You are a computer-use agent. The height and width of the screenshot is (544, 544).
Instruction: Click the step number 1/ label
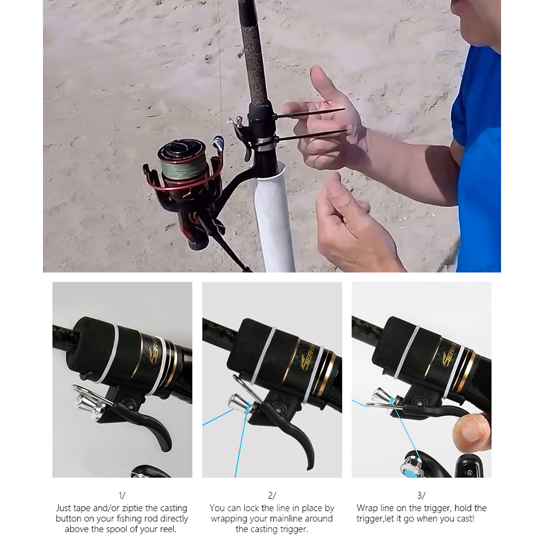tap(122, 496)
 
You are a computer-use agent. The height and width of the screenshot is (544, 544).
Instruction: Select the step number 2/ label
tap(272, 496)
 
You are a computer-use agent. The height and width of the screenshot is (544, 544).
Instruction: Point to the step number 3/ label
tap(421, 496)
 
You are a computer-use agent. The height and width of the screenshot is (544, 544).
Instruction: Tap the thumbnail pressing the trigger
tap(472, 429)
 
